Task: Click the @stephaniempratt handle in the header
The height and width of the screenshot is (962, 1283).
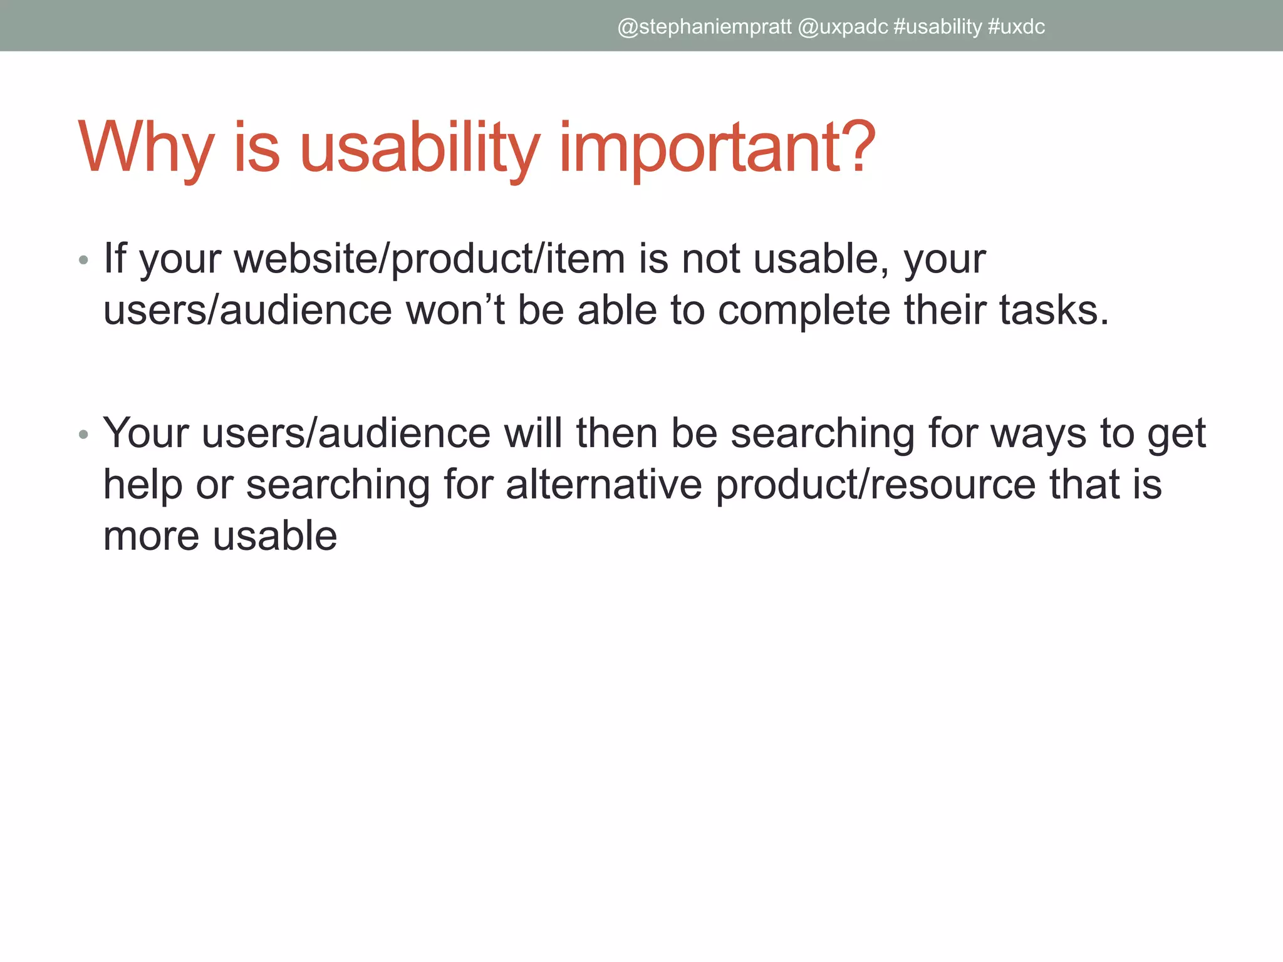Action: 704,27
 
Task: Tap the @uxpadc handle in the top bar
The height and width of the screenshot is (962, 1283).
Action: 843,27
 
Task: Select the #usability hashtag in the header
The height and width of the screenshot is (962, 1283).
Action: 937,27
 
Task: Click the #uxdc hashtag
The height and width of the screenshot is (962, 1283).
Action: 1016,27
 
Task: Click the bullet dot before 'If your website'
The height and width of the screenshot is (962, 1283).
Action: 83,259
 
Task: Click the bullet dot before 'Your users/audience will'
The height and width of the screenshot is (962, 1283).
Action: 83,434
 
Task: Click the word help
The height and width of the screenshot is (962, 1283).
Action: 142,485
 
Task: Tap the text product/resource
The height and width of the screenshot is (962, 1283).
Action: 875,485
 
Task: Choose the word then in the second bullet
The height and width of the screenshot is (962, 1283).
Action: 616,433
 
